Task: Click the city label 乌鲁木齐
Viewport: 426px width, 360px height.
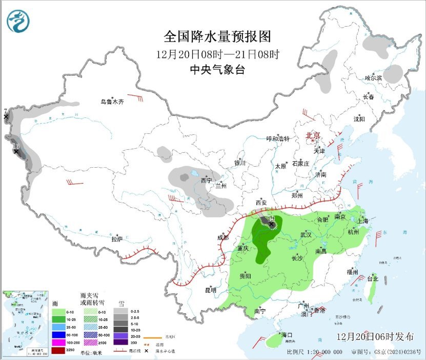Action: pos(112,102)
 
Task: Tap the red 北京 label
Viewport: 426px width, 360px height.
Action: pos(313,135)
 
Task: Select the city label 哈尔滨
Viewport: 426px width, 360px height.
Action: pos(373,78)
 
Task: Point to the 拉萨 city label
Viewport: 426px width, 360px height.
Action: pos(117,238)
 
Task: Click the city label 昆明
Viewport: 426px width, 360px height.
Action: pos(211,290)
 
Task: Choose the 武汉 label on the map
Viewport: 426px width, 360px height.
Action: pos(306,235)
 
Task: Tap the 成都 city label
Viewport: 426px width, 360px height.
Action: pos(223,237)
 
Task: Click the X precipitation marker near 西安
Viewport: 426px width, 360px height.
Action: pos(271,224)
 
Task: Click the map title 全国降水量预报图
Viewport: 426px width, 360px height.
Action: pos(216,37)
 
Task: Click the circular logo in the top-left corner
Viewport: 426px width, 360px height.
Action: pos(18,22)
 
